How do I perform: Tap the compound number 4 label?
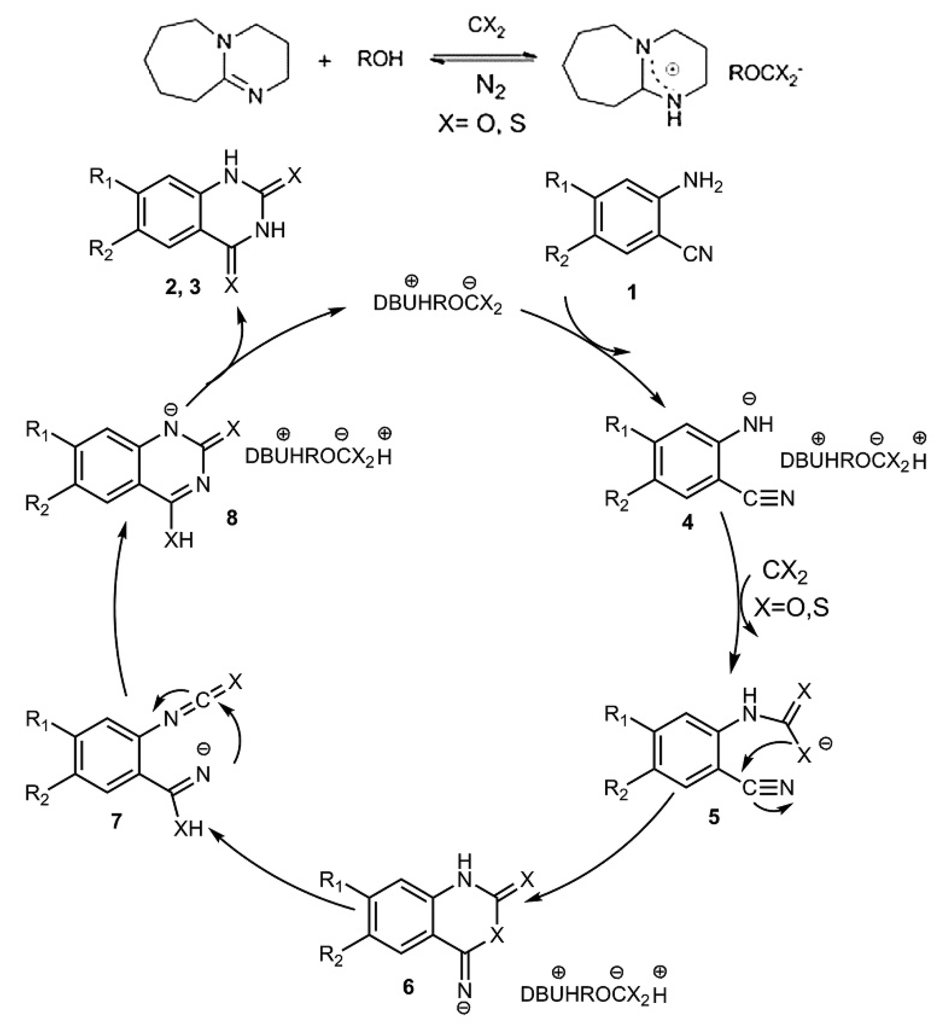click(688, 522)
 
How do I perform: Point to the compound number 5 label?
click(713, 817)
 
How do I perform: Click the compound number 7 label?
click(116, 821)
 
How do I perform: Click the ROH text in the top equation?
click(380, 60)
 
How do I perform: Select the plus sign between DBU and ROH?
click(324, 61)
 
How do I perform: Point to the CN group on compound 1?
click(698, 254)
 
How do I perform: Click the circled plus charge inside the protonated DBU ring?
click(673, 70)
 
